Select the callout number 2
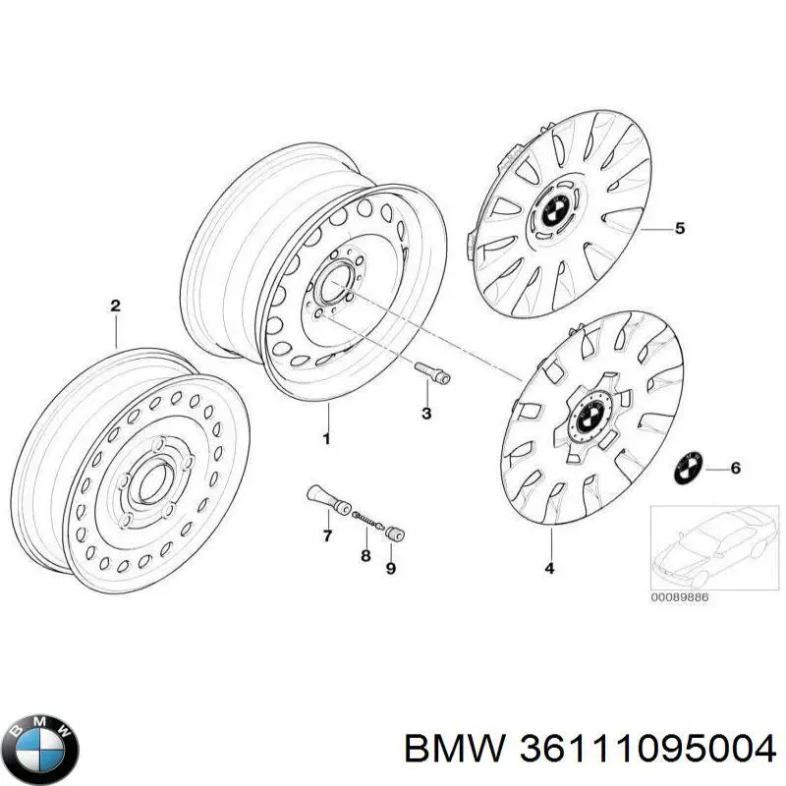click(115, 307)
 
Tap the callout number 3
click(399, 415)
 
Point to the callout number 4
click(550, 567)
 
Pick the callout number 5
click(679, 229)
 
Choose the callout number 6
click(736, 468)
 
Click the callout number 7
click(328, 535)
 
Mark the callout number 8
click(365, 555)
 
